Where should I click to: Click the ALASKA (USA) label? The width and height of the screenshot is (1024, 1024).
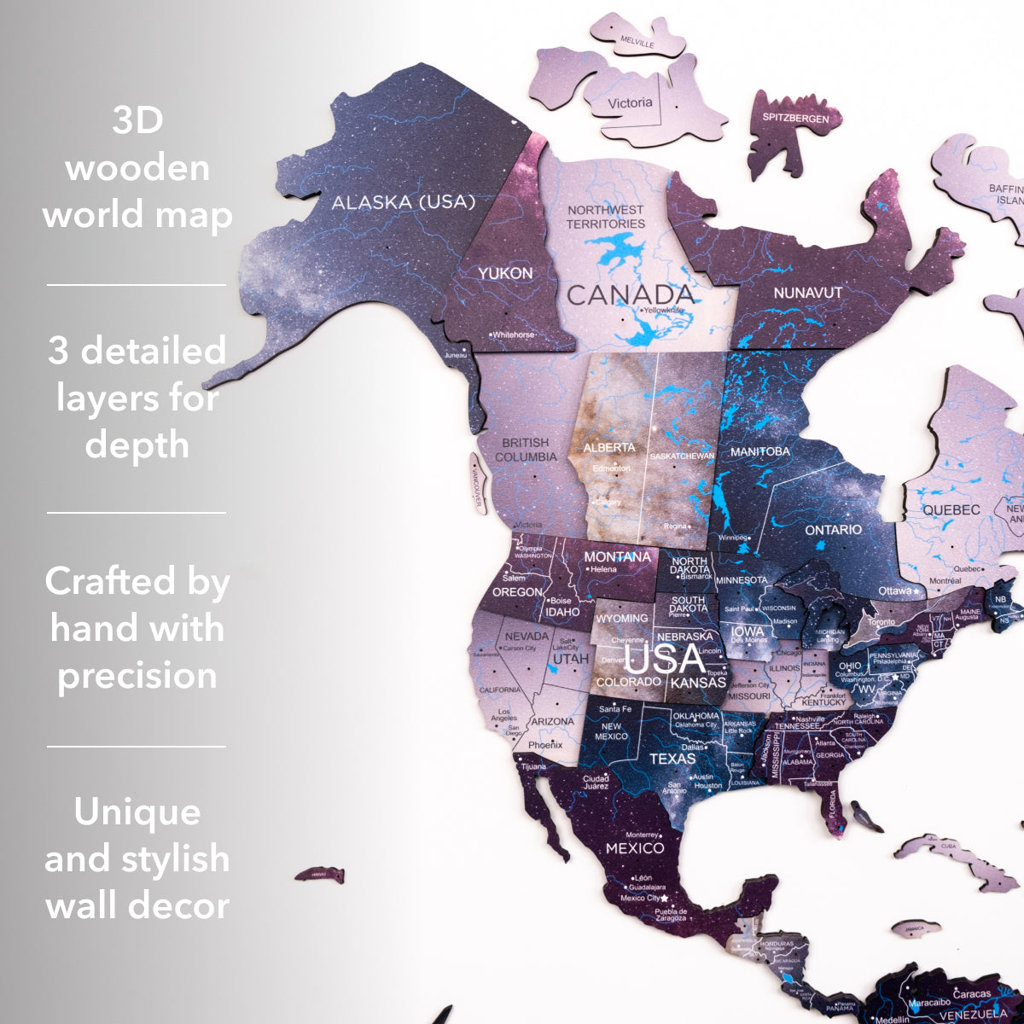point(403,202)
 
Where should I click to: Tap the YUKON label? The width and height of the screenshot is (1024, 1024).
point(505,273)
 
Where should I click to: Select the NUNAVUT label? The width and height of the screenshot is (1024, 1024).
point(807,293)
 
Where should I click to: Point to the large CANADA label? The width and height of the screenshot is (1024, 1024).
point(631,295)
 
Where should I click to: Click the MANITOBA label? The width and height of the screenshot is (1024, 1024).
point(759,451)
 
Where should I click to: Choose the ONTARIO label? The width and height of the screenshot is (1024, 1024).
point(833,530)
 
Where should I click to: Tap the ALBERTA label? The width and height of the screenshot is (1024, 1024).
point(609,447)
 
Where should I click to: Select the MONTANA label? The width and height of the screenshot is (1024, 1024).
point(617,557)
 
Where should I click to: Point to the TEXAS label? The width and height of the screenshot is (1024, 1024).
point(672,759)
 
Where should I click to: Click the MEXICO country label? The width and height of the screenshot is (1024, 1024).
point(635,848)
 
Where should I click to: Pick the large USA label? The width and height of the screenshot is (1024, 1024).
point(666,660)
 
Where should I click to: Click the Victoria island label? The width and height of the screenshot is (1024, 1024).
point(630,103)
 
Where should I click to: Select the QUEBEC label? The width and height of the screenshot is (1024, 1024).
point(951,510)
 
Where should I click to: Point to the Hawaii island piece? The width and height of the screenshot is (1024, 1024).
point(319,875)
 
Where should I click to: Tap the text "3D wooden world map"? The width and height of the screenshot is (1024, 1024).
point(137,167)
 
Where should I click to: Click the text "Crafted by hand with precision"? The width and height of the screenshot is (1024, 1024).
point(137,628)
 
